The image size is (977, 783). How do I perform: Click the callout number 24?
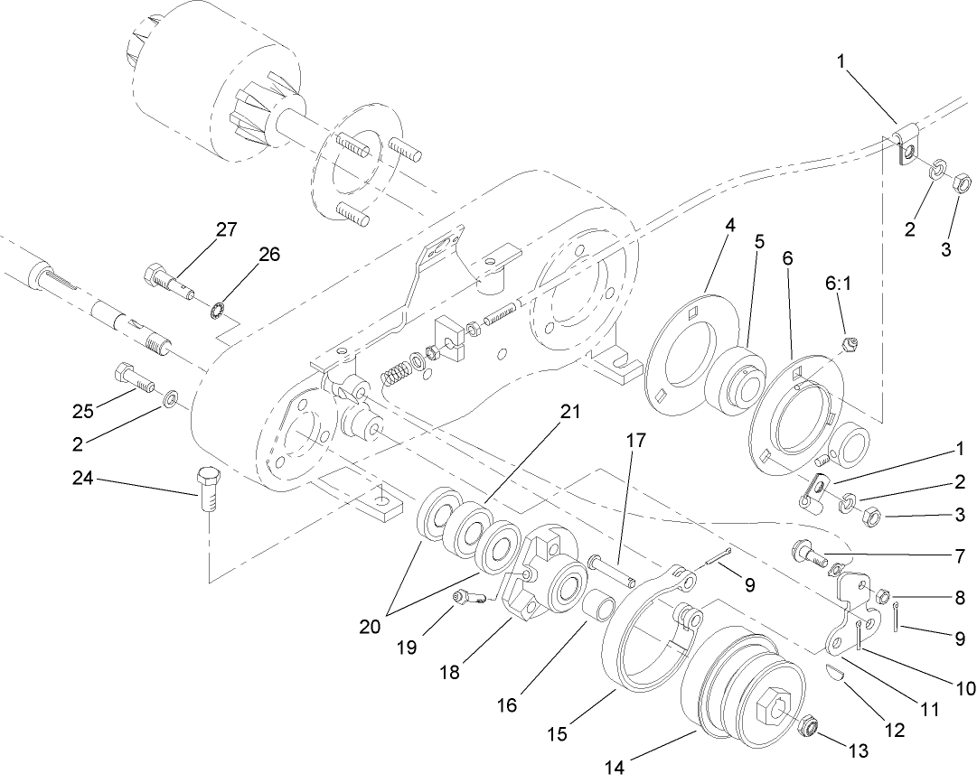coord(84,479)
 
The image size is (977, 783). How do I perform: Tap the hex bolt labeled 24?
coord(207,490)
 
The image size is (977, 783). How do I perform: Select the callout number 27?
coord(225,229)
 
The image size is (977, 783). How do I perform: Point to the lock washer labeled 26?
coord(218,312)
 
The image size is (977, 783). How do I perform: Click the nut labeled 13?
coord(806,723)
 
